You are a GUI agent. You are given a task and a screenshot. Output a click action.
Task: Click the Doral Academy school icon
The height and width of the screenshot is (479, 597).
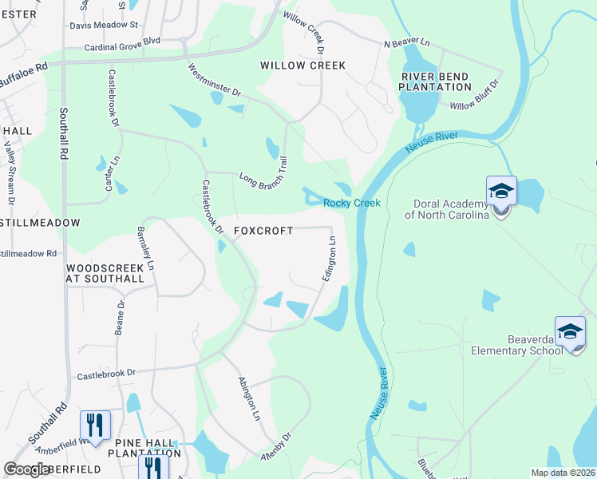click(x=501, y=192)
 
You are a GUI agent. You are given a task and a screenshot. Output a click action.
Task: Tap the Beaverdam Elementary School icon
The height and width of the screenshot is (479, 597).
click(x=570, y=331)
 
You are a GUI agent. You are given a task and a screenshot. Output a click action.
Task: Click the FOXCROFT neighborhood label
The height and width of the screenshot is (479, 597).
click(x=263, y=231)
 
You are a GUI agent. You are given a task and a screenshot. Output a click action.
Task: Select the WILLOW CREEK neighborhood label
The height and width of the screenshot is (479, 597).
click(x=303, y=65)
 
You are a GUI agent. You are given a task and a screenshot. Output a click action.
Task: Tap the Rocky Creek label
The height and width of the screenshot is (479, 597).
click(x=351, y=204)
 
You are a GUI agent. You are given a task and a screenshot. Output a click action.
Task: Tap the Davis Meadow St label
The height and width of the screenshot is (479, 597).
click(x=104, y=26)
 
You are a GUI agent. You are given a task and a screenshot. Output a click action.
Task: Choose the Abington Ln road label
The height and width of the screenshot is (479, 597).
click(x=249, y=398)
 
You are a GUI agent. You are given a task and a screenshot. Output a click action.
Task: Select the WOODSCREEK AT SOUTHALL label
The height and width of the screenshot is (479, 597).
click(x=105, y=273)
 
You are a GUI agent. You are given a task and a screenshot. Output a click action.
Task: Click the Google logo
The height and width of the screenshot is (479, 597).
click(x=27, y=469)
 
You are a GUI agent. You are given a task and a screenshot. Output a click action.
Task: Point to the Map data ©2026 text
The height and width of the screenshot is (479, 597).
click(x=563, y=473)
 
